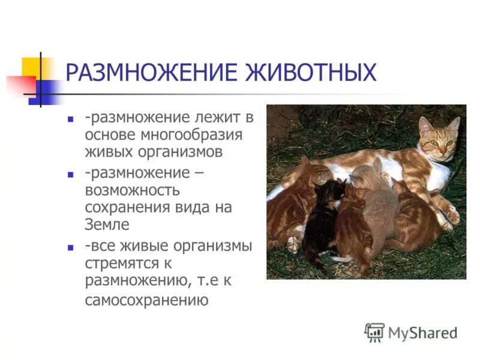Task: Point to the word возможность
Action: [x=132, y=190]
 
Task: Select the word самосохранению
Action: [x=146, y=299]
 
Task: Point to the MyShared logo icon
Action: [x=374, y=332]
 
